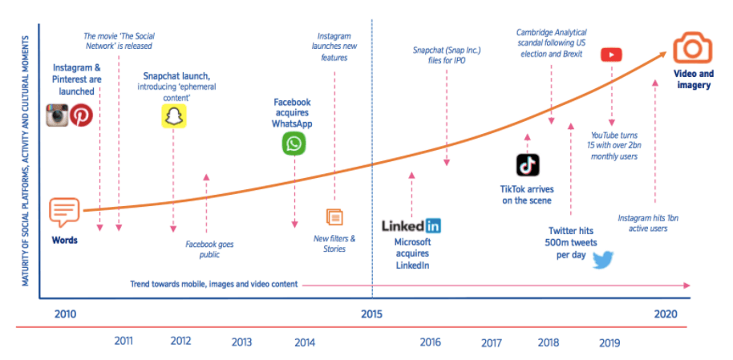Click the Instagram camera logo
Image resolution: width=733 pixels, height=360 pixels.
pyautogui.click(x=57, y=115)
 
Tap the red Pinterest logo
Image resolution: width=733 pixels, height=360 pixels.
pyautogui.click(x=81, y=115)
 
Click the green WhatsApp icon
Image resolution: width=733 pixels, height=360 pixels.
pyautogui.click(x=294, y=144)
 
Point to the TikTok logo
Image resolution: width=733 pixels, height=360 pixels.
pyautogui.click(x=527, y=164)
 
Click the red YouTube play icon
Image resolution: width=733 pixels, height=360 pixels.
pyautogui.click(x=611, y=55)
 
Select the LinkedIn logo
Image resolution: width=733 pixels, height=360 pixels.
pyautogui.click(x=411, y=226)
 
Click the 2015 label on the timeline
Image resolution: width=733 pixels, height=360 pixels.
pyautogui.click(x=371, y=313)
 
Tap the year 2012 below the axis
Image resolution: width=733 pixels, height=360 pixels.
pyautogui.click(x=181, y=341)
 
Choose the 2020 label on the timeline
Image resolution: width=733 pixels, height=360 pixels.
pyautogui.click(x=665, y=313)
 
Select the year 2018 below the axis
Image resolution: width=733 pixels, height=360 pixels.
pyautogui.click(x=549, y=342)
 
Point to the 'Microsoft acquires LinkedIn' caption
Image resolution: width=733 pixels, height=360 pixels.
pyautogui.click(x=413, y=253)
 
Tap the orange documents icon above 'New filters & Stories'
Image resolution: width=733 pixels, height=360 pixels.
pyautogui.click(x=334, y=217)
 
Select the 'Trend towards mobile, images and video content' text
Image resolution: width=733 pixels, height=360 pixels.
pyautogui.click(x=214, y=284)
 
